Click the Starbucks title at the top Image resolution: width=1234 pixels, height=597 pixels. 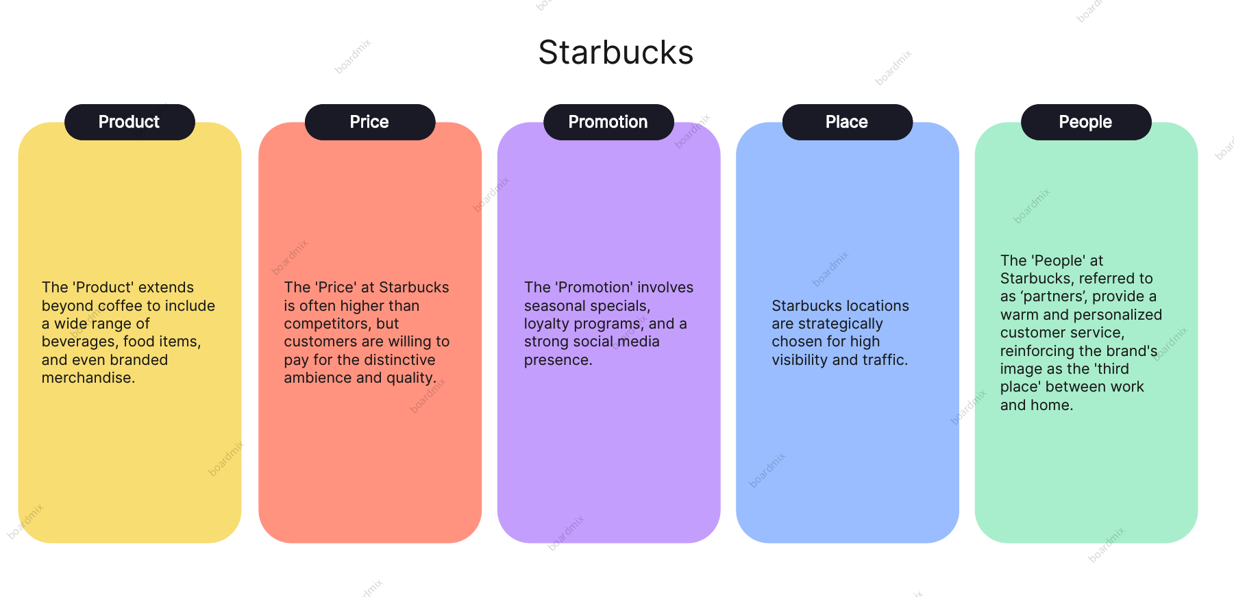pyautogui.click(x=616, y=53)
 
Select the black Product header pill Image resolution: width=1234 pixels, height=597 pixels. pyautogui.click(x=129, y=122)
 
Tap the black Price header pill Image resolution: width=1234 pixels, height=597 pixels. pyautogui.click(x=370, y=122)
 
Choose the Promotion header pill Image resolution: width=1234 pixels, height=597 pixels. pyautogui.click(x=608, y=122)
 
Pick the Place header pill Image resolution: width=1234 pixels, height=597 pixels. pyautogui.click(x=848, y=122)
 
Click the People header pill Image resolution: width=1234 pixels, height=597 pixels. pyautogui.click(x=1086, y=122)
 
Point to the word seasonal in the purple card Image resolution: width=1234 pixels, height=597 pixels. pyautogui.click(x=552, y=306)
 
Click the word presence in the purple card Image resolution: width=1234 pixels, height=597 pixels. pyautogui.click(x=556, y=361)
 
